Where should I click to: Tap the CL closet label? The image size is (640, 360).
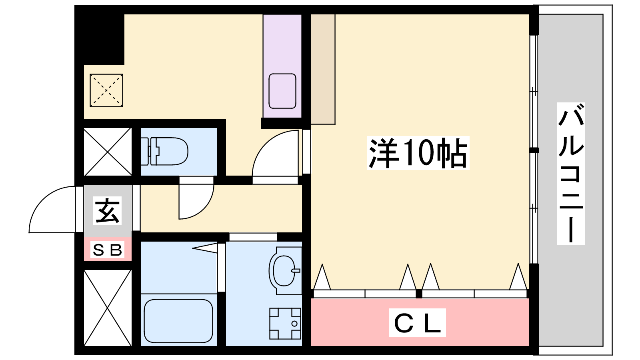coord(418,323)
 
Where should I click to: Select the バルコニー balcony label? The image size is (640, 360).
coord(571,174)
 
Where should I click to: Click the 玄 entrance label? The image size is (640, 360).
coord(108,210)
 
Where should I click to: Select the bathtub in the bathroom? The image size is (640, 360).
coord(178,320)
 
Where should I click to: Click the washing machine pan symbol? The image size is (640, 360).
coord(285,324)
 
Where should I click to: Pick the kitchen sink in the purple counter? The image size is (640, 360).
coord(282,91)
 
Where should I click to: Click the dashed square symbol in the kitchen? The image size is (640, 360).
coord(106,90)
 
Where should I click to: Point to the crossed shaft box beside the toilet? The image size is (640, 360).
coord(108,152)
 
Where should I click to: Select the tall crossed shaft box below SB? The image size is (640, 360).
coord(108,308)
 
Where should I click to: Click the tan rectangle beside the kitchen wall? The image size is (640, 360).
coord(323,70)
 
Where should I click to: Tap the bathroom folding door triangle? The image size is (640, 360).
coord(206,248)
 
